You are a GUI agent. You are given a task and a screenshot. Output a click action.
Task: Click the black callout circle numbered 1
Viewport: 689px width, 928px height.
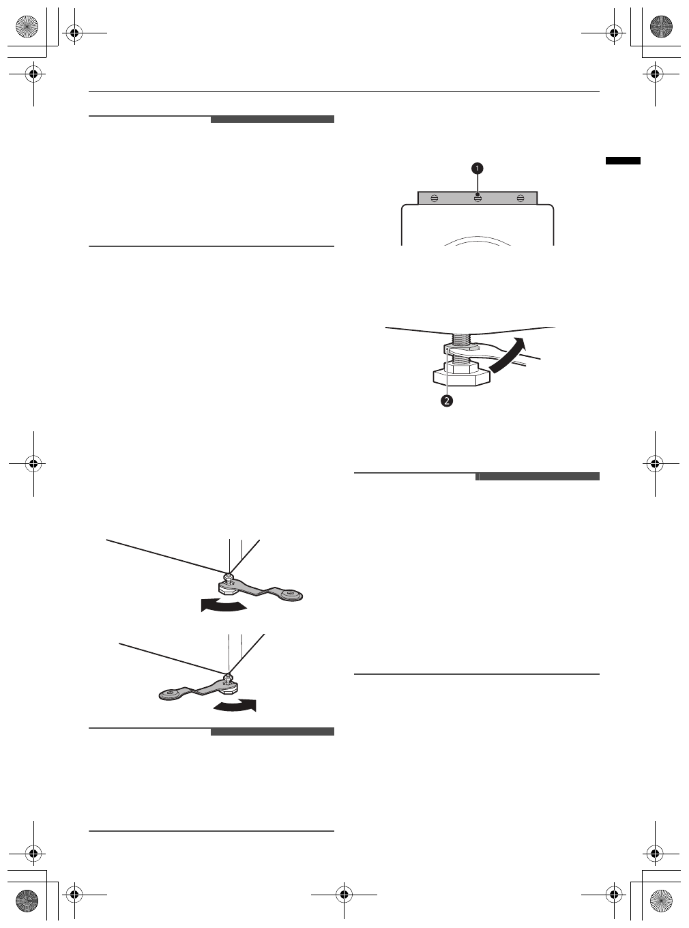point(478,168)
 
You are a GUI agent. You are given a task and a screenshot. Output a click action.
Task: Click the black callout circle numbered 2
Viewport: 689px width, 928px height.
point(446,401)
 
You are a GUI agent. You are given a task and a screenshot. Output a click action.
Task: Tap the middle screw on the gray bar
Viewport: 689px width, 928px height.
point(478,198)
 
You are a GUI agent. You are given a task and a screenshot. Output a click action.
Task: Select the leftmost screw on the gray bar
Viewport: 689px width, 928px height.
point(435,198)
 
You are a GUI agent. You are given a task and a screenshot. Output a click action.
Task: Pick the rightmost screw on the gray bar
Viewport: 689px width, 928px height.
point(521,198)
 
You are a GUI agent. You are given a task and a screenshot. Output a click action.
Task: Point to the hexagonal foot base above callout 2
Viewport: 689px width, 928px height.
point(460,377)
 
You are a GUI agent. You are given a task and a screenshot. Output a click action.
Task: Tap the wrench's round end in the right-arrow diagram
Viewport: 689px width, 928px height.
point(168,695)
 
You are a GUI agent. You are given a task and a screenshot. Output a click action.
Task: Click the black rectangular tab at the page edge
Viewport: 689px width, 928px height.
point(623,160)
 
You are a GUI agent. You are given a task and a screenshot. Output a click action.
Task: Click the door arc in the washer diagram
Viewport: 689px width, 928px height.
point(478,240)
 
